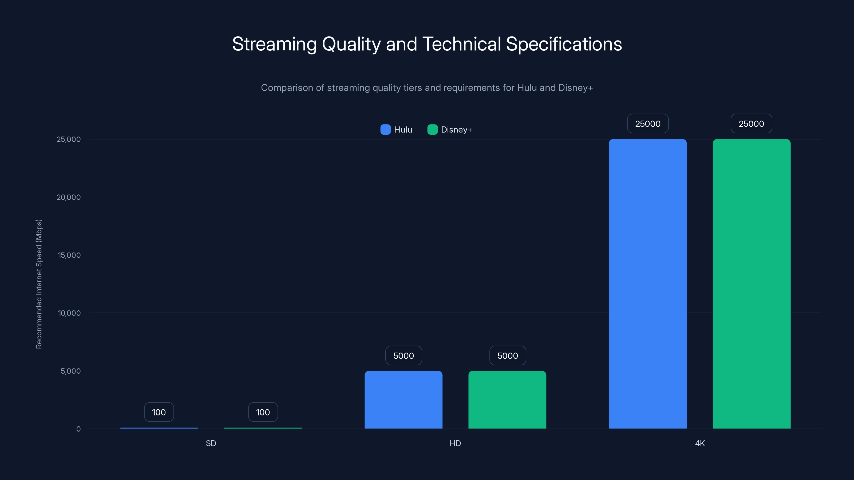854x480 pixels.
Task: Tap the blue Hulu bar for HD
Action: point(404,399)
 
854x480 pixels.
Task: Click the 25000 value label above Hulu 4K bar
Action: point(647,123)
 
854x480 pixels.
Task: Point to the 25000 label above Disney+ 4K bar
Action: point(751,123)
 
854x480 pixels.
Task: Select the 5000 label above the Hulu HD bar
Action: point(404,355)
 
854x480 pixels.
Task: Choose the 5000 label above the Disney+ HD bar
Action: point(508,355)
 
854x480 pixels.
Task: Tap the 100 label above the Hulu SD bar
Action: point(159,412)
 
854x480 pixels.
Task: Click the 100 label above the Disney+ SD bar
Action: point(263,412)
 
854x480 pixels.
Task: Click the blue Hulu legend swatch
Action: point(385,130)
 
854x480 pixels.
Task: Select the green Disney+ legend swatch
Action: point(432,130)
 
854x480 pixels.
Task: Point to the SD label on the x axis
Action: point(211,443)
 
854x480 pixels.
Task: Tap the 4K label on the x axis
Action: point(700,443)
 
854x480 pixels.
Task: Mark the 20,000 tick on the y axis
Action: point(69,197)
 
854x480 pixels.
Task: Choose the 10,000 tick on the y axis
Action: point(69,313)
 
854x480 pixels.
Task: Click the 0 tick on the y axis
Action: point(78,429)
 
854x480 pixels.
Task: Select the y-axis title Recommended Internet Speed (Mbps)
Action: point(39,284)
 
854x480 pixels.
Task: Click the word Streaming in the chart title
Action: point(274,44)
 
